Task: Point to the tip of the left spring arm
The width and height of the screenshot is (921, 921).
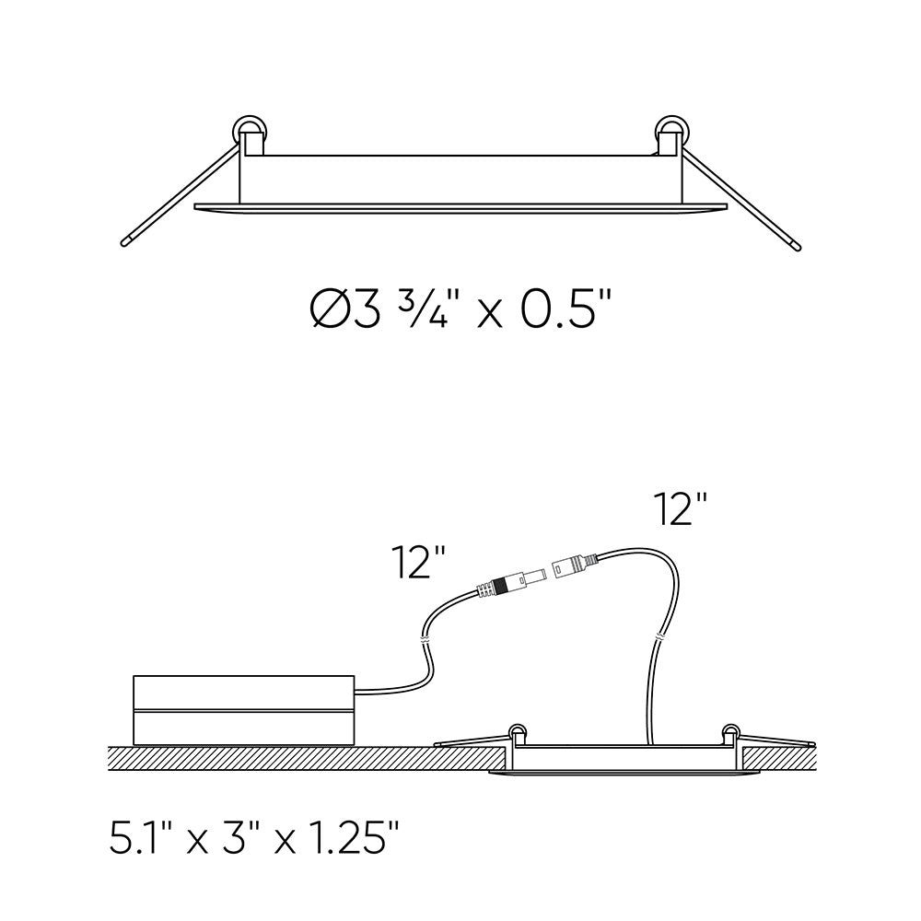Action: (125, 244)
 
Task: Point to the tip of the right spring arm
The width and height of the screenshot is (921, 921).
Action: (797, 244)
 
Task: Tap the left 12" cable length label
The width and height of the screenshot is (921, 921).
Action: (419, 562)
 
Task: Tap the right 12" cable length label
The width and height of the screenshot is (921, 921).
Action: (680, 508)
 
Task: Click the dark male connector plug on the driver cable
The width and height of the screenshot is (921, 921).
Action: (504, 584)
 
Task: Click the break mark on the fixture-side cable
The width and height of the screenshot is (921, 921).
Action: (660, 636)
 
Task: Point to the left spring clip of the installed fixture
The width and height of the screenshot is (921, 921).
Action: (519, 733)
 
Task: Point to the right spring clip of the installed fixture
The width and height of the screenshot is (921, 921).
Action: (731, 733)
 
